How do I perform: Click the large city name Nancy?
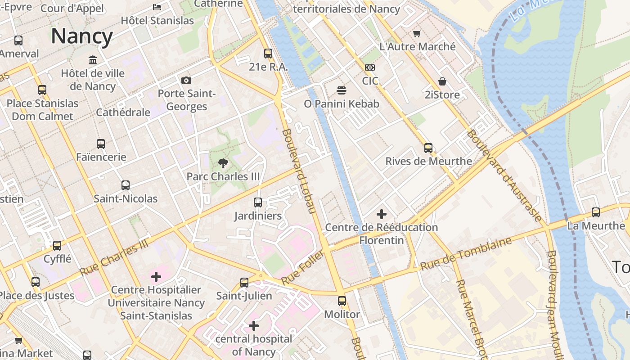tap(81, 36)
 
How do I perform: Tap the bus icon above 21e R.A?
tap(268, 54)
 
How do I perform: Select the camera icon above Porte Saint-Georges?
tap(186, 81)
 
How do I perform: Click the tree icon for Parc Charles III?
tap(223, 163)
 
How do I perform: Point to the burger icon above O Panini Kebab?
tap(341, 90)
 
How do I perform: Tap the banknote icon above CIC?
tap(370, 67)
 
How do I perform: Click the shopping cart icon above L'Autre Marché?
tap(417, 33)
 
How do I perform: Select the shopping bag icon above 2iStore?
tap(442, 81)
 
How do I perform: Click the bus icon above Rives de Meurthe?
tap(428, 148)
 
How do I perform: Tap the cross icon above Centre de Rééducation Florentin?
tap(382, 214)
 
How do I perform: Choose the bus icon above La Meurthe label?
tap(596, 212)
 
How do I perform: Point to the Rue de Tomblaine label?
tap(466, 253)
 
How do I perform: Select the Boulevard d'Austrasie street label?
tap(504, 175)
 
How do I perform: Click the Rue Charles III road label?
tap(114, 257)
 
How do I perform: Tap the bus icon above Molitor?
tap(342, 301)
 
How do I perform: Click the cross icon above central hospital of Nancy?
tap(254, 325)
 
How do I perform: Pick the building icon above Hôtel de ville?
tap(93, 60)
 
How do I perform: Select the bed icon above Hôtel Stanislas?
tap(157, 7)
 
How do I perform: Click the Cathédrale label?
tap(123, 112)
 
